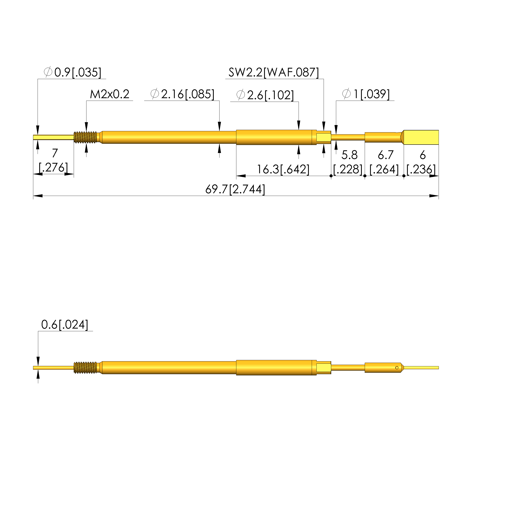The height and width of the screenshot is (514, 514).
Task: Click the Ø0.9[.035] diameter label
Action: pyautogui.click(x=72, y=72)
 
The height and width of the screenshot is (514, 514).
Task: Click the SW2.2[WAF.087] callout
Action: pyautogui.click(x=274, y=72)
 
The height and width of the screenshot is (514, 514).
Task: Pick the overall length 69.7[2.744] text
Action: pyautogui.click(x=235, y=189)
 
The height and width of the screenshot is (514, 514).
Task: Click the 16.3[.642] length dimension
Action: pyautogui.click(x=283, y=169)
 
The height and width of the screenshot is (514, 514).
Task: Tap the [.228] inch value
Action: pyautogui.click(x=348, y=169)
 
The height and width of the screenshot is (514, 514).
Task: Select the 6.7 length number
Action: pyautogui.click(x=385, y=155)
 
